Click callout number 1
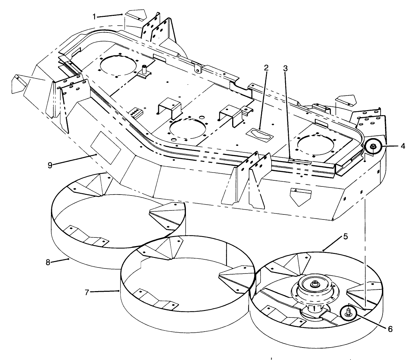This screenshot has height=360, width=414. pos(94,17)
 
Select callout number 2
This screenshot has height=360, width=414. pos(266,68)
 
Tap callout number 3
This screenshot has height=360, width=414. pos(285,69)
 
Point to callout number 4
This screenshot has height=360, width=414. pos(403,146)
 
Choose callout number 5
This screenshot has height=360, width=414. pos(346,236)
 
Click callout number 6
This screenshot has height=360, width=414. pos(390,329)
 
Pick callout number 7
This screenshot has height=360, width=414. pos(87,292)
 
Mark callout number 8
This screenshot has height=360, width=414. pos(48,262)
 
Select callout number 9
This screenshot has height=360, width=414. pos(50,165)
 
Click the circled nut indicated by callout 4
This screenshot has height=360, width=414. pos(374,147)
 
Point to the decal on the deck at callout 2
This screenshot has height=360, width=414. pos(259,134)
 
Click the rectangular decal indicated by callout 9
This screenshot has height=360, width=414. pos(106,148)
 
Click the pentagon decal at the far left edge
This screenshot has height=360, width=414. pos(19,84)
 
